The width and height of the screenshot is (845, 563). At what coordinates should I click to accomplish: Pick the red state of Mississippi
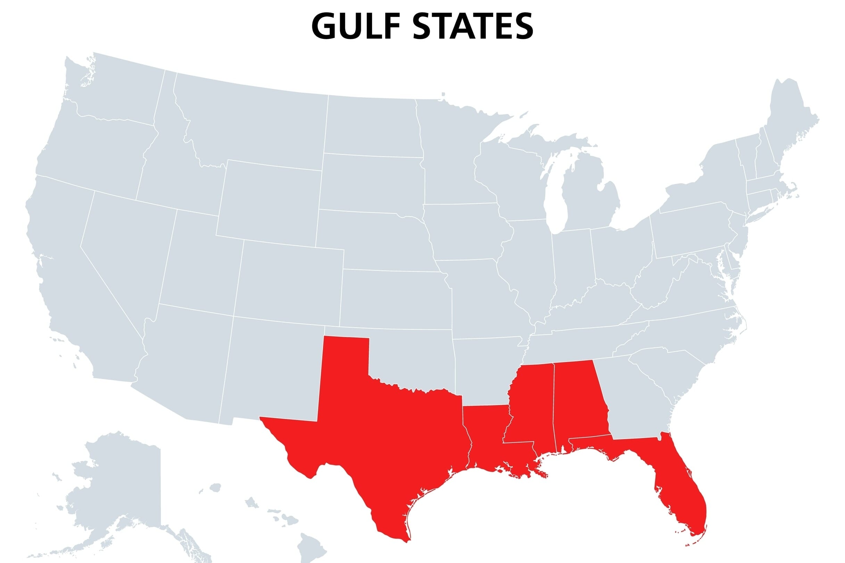tap(528, 406)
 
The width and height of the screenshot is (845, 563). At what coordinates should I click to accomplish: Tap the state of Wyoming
tap(270, 201)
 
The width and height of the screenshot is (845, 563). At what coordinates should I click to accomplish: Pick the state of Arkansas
tap(485, 370)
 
